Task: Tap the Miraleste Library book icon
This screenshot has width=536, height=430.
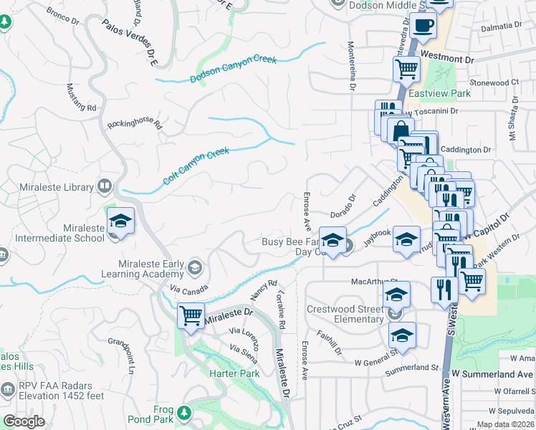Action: (x=105, y=187)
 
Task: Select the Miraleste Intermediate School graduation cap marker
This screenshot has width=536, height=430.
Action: (x=120, y=221)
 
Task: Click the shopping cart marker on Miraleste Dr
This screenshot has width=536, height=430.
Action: (x=191, y=315)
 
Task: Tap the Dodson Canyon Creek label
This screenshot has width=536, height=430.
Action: (x=234, y=70)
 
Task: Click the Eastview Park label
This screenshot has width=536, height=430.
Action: (x=439, y=94)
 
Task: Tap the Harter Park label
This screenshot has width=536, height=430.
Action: (x=234, y=373)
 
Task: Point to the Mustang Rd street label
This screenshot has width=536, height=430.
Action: (x=81, y=97)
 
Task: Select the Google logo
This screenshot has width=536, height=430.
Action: (x=24, y=421)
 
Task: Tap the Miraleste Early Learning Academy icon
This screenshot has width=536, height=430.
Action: (x=193, y=269)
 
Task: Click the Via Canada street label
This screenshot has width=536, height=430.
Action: (x=189, y=291)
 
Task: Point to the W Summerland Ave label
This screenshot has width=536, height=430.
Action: (x=493, y=374)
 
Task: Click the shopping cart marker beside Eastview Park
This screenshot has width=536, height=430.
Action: (x=406, y=70)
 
